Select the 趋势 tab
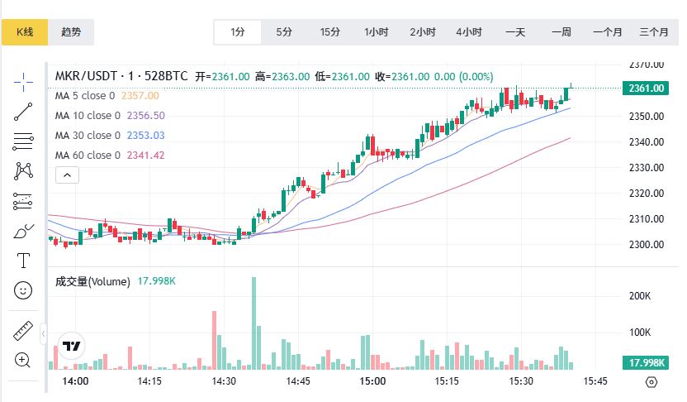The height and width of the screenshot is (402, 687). click(71, 32)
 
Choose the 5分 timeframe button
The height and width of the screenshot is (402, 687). click(284, 32)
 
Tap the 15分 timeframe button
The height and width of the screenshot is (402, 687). click(330, 32)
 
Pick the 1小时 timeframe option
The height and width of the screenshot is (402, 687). click(377, 32)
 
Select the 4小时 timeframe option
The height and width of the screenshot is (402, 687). click(469, 32)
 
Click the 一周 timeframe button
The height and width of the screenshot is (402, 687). click(561, 32)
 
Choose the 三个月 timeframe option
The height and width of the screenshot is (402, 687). click(653, 32)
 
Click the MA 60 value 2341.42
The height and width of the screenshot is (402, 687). click(145, 155)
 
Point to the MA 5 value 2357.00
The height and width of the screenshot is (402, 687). click(140, 95)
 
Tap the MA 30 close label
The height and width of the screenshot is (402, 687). click(88, 135)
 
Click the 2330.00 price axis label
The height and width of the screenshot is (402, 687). click(647, 167)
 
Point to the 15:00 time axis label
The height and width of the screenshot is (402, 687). click(373, 381)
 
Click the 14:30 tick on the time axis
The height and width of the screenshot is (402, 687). click(225, 381)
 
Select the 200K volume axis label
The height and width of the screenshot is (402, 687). click(641, 295)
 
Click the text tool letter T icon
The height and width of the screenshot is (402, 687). click(23, 261)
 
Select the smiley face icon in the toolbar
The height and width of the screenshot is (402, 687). click(23, 290)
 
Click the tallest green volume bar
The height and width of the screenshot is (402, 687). click(253, 323)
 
